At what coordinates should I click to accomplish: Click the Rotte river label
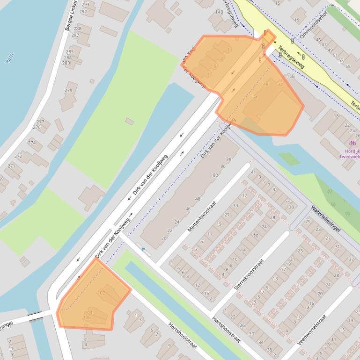(x=10, y=58)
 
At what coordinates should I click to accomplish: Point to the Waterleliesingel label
(x=324, y=218)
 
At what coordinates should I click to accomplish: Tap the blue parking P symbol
(x=144, y=250)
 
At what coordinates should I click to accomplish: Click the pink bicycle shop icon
(x=352, y=143)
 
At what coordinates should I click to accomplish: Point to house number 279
(x=69, y=91)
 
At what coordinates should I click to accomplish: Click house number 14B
(x=219, y=12)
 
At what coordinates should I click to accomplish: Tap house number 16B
(x=291, y=76)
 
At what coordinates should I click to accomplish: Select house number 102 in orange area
(x=101, y=293)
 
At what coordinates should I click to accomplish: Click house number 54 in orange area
(x=255, y=97)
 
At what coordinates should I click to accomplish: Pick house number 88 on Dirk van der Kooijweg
(x=229, y=159)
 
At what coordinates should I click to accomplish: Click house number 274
(x=32, y=143)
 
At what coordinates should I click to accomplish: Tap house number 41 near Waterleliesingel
(x=253, y=172)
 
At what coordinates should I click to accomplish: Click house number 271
(x=11, y=166)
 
